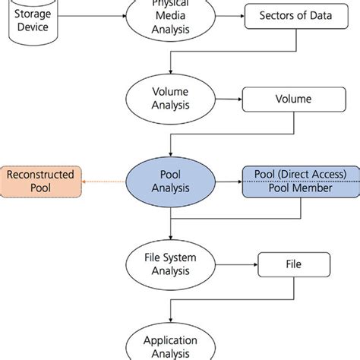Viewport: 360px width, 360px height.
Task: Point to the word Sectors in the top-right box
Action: [x=274, y=14]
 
